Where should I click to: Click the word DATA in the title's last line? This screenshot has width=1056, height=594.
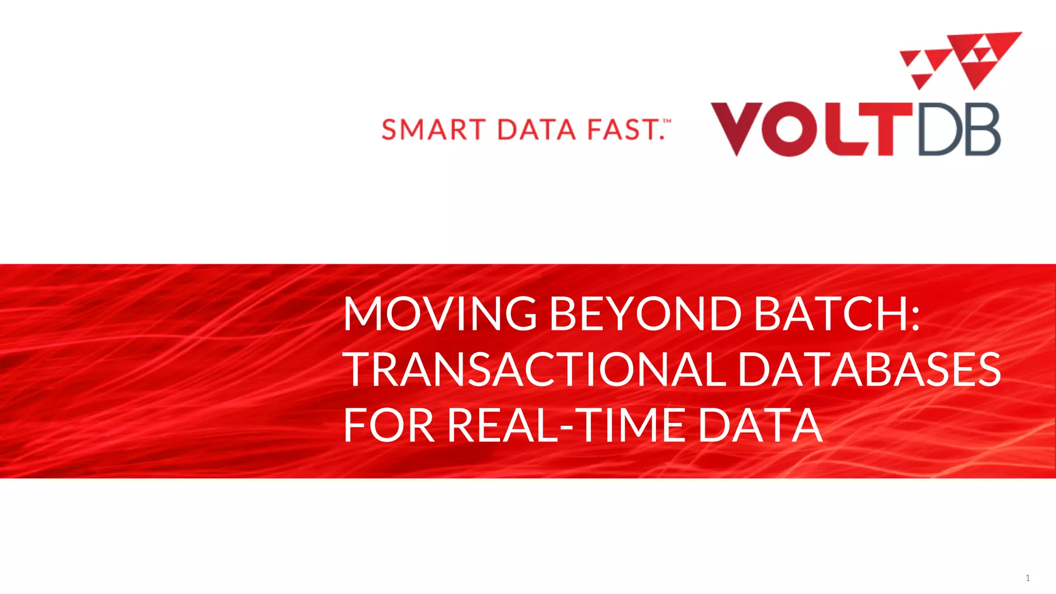coord(760,425)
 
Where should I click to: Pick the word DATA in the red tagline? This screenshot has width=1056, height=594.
coord(536,129)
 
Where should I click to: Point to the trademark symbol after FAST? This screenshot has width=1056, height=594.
coord(667,122)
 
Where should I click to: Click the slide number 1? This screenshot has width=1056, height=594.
coord(1028,578)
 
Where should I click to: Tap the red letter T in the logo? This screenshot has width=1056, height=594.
coord(886,129)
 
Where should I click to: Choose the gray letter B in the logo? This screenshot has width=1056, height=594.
coord(983,129)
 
